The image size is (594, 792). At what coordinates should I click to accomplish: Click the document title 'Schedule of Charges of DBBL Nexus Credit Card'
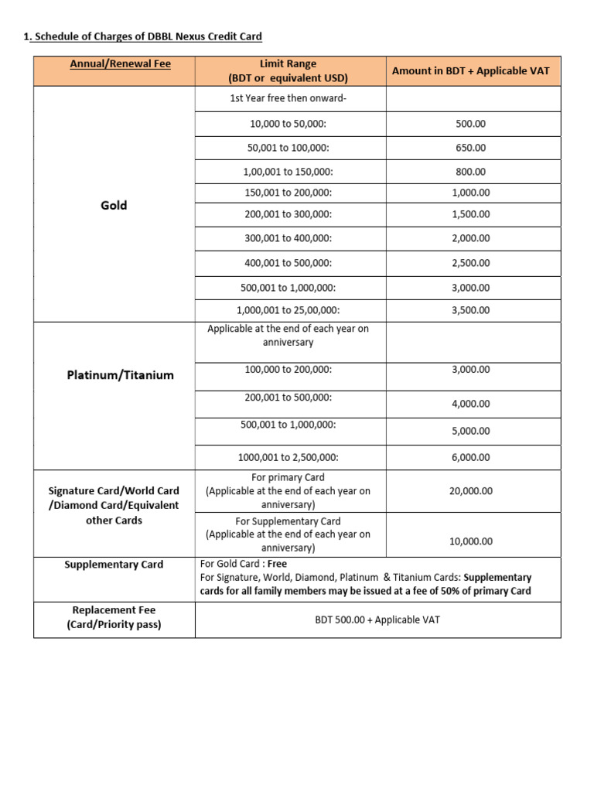[x=147, y=36]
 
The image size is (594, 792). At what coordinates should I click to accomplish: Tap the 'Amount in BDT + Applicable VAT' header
[x=470, y=70]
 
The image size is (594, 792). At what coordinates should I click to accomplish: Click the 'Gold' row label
[x=114, y=205]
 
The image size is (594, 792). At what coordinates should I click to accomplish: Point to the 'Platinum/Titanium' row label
[x=120, y=375]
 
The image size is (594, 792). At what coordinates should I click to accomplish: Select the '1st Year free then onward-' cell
[x=288, y=98]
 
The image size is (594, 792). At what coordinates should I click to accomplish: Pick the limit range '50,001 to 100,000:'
[x=288, y=147]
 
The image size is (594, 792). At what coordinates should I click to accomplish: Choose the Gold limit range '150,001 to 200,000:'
[x=288, y=193]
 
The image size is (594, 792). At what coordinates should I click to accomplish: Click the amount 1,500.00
[x=470, y=214]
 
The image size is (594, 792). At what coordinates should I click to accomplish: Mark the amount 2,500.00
[x=470, y=263]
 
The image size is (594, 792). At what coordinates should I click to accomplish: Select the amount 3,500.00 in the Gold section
[x=470, y=310]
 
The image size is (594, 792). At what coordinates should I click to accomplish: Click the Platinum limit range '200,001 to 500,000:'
[x=288, y=398]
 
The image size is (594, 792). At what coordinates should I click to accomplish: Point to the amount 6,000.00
[x=470, y=457]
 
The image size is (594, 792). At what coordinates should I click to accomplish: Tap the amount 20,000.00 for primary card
[x=470, y=491]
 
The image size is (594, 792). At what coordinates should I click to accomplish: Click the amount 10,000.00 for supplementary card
[x=470, y=541]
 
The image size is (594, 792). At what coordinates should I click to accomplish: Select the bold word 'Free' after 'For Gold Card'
[x=277, y=564]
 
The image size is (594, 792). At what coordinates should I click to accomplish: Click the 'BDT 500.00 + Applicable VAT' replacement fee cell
[x=377, y=620]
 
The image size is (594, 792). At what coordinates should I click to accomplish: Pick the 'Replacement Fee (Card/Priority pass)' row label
[x=114, y=617]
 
